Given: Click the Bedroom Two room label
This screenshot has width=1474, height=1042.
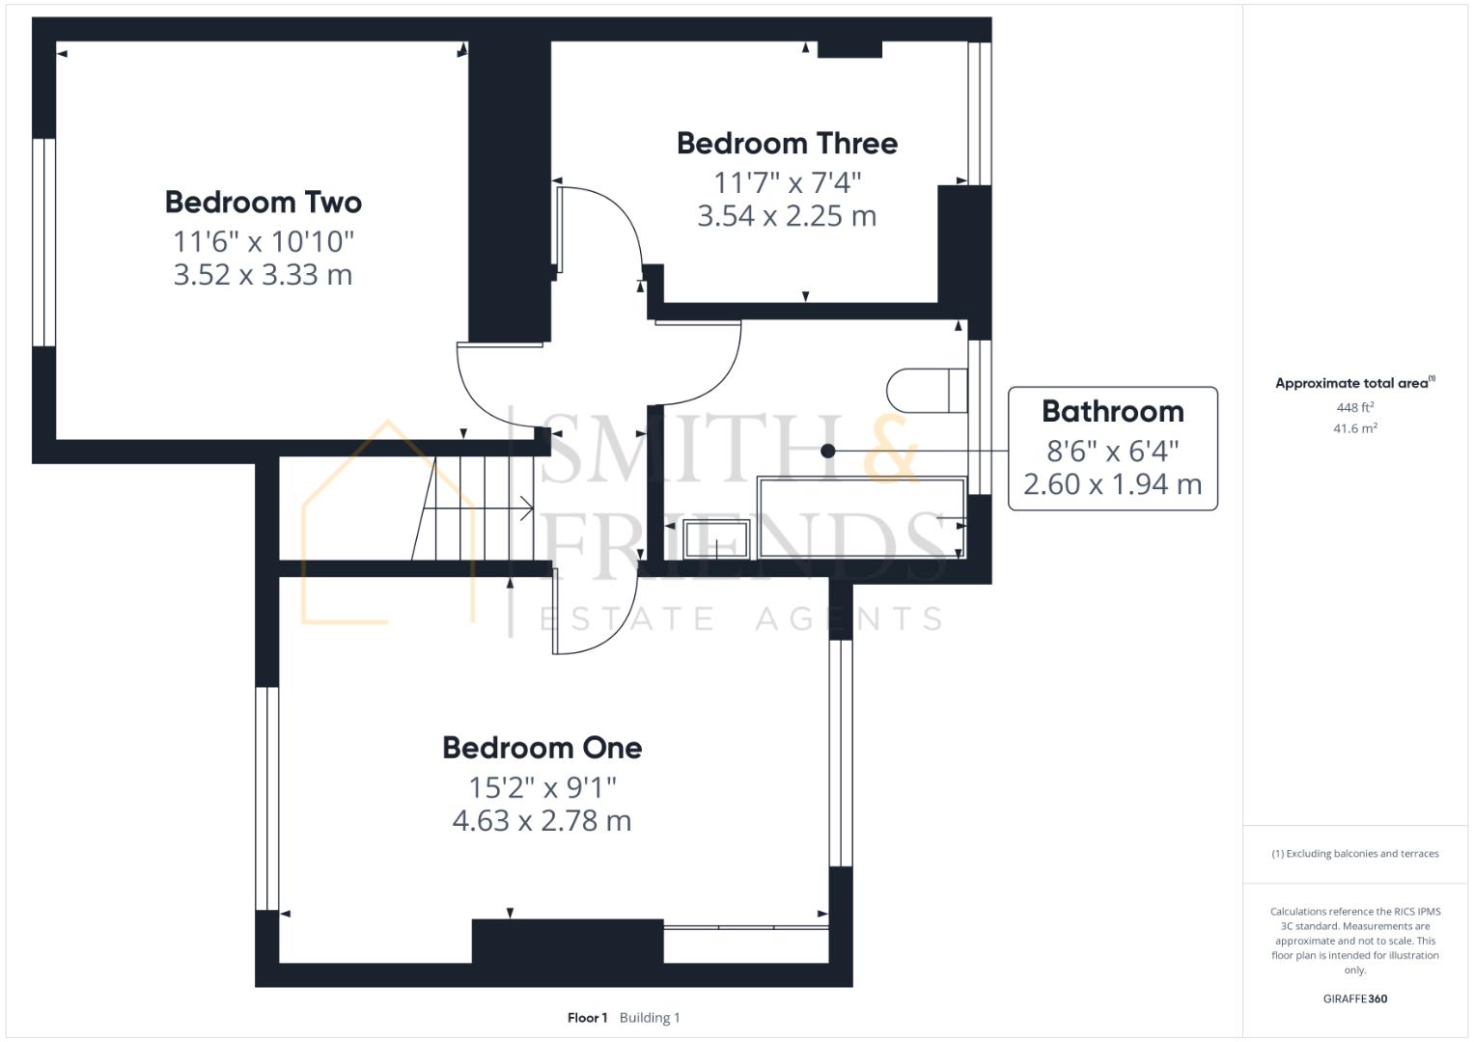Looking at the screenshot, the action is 264,202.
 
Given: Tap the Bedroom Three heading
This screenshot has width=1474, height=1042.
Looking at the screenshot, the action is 787,144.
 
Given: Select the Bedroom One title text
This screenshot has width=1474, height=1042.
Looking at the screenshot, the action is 542,748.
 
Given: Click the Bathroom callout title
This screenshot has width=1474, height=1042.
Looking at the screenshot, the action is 1113,411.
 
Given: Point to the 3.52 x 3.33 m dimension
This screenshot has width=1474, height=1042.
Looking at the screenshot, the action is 264,274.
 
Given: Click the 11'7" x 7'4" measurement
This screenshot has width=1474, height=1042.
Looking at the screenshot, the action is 787,182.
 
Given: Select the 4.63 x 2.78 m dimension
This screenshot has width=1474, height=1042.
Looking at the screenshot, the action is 542,820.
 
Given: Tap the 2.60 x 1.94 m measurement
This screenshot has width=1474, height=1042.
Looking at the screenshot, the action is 1113,484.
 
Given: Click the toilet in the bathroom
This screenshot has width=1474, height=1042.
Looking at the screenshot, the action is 927,390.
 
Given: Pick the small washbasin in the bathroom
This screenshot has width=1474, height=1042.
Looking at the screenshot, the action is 716,538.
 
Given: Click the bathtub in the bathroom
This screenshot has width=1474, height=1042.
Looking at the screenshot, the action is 861,518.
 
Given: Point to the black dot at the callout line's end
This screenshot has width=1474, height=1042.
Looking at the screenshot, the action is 828,451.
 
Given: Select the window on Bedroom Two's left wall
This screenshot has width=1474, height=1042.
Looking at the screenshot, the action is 44,242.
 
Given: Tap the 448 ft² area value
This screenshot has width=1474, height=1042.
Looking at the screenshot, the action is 1355,407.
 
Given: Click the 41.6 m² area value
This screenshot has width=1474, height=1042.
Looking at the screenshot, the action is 1355,428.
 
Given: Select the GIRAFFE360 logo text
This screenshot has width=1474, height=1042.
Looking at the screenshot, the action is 1355,999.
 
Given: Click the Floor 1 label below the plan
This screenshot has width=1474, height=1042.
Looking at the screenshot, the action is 587,1018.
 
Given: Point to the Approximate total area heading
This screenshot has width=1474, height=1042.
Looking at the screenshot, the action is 1355,383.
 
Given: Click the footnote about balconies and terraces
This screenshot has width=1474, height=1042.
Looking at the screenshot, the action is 1355,854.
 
